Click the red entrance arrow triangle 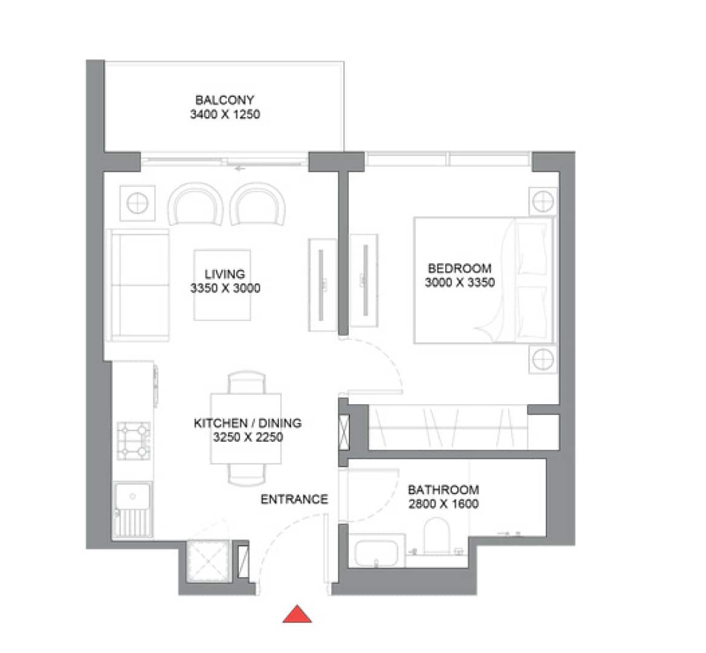point(297,615)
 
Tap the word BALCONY point(224,100)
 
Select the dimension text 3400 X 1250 point(224,114)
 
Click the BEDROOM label point(460,268)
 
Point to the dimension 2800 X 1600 point(443,504)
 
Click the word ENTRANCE point(294,499)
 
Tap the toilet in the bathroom point(437,535)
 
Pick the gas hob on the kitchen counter point(133,441)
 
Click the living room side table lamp point(137,203)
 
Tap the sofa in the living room point(137,285)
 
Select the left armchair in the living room point(196,204)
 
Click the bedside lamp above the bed point(543,200)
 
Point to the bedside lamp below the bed point(543,359)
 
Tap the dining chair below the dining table point(246,475)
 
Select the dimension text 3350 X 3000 point(225,288)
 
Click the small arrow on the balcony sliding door point(240,169)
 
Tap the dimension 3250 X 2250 point(248,437)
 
